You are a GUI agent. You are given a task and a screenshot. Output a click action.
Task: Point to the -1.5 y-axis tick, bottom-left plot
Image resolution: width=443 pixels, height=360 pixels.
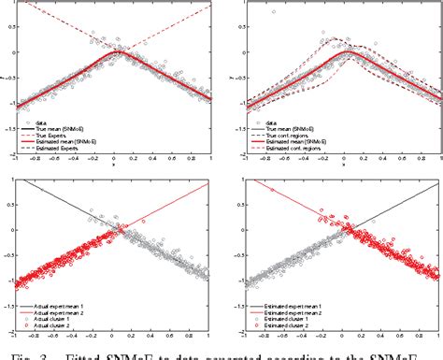click(x=13, y=296)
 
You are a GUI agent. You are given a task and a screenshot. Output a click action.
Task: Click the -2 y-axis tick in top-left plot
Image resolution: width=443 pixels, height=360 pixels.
click(x=14, y=155)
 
